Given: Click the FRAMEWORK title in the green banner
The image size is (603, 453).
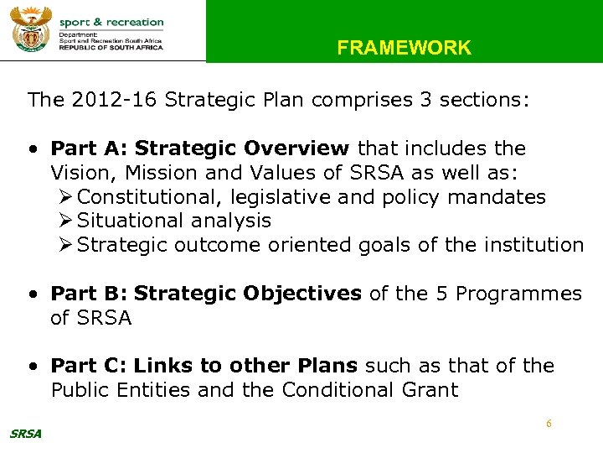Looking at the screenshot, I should tap(404, 48).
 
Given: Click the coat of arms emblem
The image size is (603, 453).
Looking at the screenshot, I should tap(30, 30).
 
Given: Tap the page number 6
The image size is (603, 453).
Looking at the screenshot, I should tap(549, 424).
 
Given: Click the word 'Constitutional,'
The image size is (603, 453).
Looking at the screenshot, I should tap(141, 197).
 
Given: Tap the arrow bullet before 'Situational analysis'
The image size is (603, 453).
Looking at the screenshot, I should tap(67, 221).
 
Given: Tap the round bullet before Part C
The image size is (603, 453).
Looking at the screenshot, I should tap(33, 367).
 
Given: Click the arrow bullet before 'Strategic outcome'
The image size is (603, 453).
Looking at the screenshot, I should tap(67, 246).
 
